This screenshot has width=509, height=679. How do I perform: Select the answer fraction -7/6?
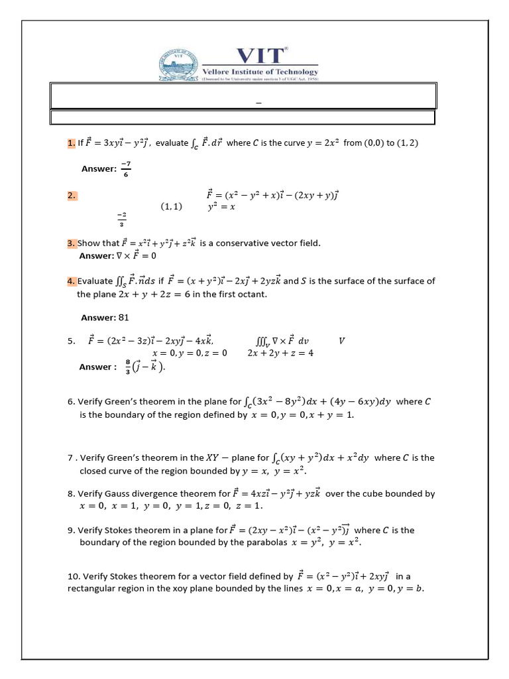pyautogui.click(x=126, y=169)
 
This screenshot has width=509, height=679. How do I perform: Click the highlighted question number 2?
pyautogui.click(x=72, y=196)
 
